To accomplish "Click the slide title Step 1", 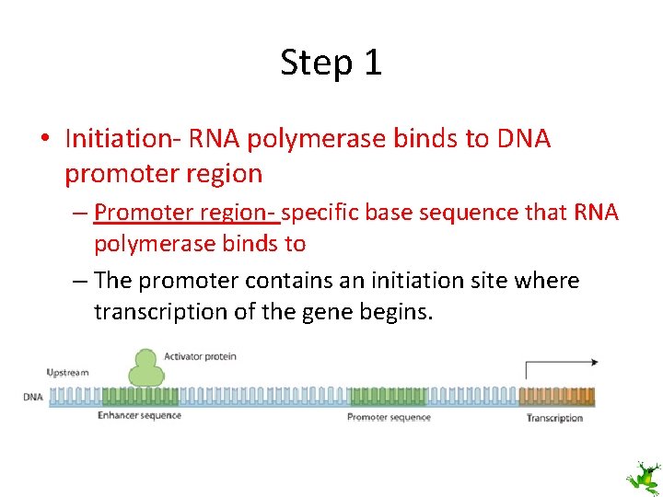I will point(331,63).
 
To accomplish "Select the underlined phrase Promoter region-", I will point(185,213).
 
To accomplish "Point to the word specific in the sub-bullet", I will point(321,213).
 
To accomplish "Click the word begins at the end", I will point(394,313).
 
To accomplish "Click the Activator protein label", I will point(200,356).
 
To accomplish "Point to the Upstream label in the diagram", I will point(67,373).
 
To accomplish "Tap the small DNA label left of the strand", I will point(32,398).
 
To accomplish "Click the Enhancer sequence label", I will point(139,416).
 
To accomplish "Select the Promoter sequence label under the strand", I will point(389,418).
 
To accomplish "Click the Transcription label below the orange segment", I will point(554,418).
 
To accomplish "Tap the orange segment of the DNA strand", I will point(557,397).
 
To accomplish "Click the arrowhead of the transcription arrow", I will point(594,363).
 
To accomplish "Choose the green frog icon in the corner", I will point(643,478).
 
